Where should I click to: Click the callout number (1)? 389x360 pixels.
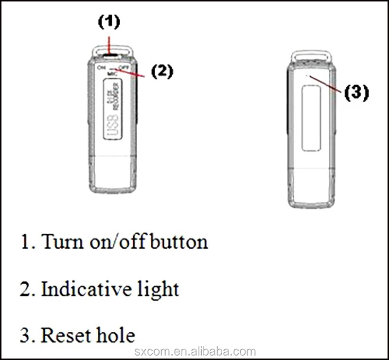[109, 22]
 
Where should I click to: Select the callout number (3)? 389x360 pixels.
[356, 92]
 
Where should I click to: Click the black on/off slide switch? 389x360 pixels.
[110, 55]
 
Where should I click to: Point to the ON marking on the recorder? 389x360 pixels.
[101, 68]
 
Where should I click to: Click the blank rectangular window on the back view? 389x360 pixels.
[311, 119]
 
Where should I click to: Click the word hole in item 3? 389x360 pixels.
[111, 335]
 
